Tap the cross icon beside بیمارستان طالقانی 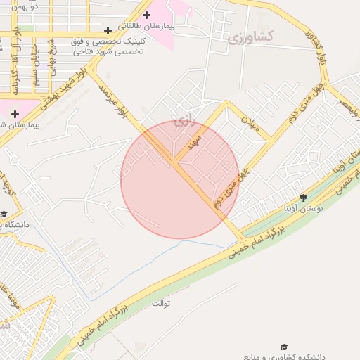tap(146, 15)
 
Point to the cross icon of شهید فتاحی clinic tap(108, 30)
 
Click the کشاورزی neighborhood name tap(250, 36)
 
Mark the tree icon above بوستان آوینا tap(303, 198)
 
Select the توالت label tap(161, 304)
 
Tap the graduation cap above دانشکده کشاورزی tap(284, 347)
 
